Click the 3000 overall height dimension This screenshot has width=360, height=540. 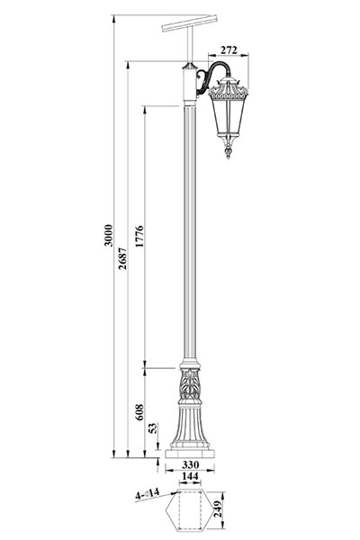point(109,235)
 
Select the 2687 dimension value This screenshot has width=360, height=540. point(122,258)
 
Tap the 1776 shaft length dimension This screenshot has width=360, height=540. point(139,237)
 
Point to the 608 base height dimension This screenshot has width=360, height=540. point(139,412)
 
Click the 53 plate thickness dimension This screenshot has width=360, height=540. point(153,427)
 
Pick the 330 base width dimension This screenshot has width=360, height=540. point(190,464)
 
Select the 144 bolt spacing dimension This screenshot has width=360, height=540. point(190,476)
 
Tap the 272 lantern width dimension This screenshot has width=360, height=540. point(229,49)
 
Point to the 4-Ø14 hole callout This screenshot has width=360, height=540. point(147,494)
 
